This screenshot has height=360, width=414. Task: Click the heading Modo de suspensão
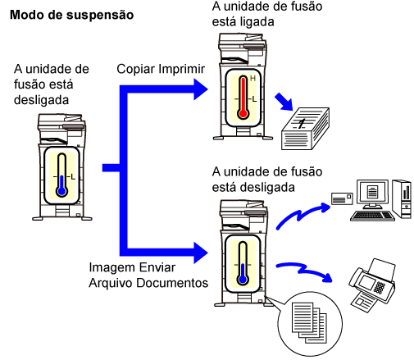(71, 15)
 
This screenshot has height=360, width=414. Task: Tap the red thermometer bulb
(243, 113)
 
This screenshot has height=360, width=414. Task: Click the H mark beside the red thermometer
(252, 79)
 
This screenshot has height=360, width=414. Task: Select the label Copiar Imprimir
(161, 69)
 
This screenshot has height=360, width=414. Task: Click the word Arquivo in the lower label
(111, 283)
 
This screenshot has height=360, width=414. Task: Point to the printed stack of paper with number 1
(305, 129)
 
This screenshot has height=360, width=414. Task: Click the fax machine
(372, 285)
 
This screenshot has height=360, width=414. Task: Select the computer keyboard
(372, 216)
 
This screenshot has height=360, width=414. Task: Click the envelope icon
(342, 198)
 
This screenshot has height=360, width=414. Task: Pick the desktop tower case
(402, 198)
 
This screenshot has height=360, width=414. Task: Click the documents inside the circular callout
(309, 322)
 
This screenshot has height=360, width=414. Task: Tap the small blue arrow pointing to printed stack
(284, 102)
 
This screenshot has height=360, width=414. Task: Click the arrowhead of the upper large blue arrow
(201, 89)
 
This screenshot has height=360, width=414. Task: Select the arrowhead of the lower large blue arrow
(201, 253)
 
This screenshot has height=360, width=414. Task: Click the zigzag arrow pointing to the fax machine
(303, 271)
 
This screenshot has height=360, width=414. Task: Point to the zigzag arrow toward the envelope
(301, 215)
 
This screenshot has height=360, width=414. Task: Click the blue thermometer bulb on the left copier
(62, 191)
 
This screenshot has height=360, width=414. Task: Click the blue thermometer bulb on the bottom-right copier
(243, 280)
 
